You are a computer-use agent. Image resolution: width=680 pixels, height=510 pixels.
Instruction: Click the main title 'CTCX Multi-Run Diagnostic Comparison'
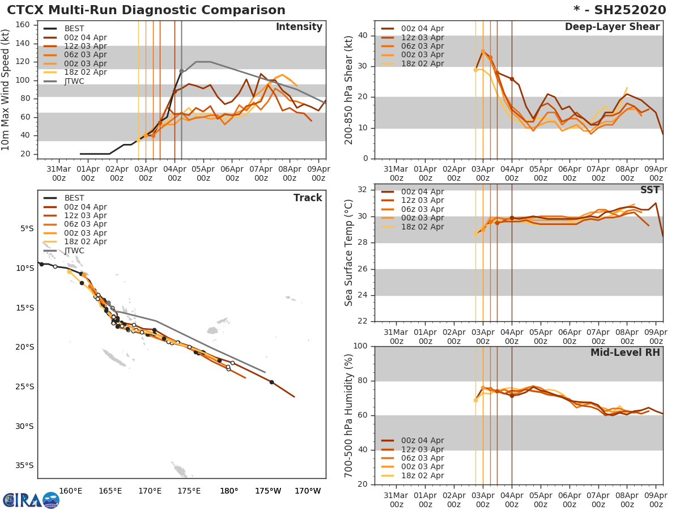coord(146,10)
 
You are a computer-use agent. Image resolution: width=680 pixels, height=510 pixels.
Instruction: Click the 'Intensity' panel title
coord(299,27)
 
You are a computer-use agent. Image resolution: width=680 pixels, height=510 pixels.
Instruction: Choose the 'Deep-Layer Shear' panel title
coord(612,27)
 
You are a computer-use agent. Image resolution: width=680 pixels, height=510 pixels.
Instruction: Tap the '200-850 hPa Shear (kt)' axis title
coord(350,90)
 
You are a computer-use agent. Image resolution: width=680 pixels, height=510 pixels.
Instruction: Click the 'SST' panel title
coord(649,190)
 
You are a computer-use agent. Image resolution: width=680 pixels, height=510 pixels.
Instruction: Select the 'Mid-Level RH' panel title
coord(625,352)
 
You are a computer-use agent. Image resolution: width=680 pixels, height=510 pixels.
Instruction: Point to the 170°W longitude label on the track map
coord(308,491)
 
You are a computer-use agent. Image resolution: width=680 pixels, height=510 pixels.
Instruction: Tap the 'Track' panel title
coord(307,198)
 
